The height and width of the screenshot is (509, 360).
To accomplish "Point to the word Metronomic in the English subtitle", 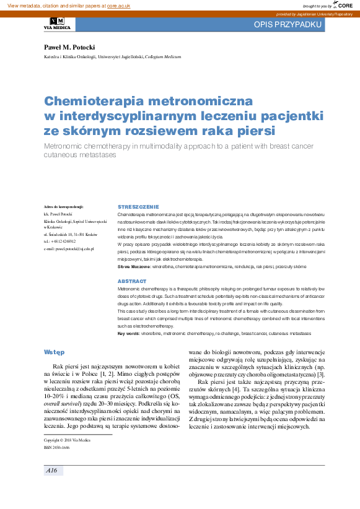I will coord(68,146).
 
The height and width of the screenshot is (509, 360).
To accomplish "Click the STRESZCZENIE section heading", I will coord(138,206).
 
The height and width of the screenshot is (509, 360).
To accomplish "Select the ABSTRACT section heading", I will coord(131,281).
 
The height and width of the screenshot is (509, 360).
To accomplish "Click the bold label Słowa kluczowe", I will coord(134,266).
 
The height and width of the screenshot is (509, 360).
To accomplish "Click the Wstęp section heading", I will coord(54,352).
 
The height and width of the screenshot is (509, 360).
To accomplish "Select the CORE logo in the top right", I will coord(342,5).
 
